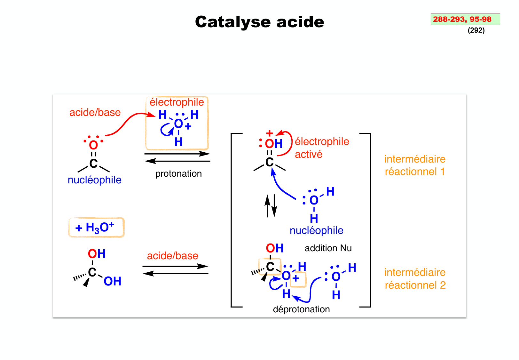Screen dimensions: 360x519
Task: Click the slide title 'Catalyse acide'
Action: click(259, 22)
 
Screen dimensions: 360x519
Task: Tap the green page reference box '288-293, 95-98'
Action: click(465, 19)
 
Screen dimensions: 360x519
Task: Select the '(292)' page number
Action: click(476, 30)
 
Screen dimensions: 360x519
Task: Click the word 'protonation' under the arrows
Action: click(178, 174)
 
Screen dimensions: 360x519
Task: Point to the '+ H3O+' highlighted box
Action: click(96, 228)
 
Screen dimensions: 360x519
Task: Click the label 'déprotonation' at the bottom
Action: click(301, 309)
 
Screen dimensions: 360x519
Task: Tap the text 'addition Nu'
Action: click(328, 248)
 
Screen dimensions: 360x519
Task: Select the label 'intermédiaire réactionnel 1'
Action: click(415, 165)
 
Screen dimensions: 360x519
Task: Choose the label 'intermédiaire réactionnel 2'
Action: click(415, 279)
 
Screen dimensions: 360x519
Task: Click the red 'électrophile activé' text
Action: click(321, 148)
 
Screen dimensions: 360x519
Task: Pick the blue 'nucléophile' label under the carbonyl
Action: click(94, 180)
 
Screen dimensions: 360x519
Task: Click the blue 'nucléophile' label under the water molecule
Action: click(316, 231)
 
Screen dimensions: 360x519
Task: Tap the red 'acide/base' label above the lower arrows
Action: click(172, 256)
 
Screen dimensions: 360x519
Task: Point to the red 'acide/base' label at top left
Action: click(95, 113)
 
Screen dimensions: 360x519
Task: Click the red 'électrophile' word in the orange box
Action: click(177, 102)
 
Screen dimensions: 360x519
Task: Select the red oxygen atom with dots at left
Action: click(93, 145)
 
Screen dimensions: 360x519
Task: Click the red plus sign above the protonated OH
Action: click(270, 133)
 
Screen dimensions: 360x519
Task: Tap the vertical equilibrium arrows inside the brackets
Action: click(271, 206)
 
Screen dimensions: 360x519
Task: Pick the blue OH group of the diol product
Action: click(113, 282)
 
